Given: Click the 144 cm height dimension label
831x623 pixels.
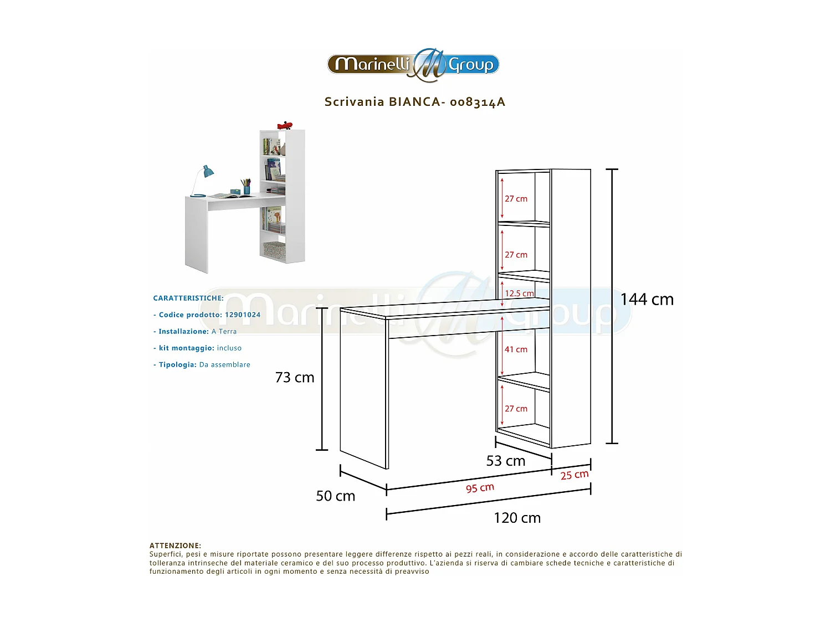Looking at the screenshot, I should click(x=647, y=300).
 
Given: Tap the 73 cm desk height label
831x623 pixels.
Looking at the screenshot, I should click(x=295, y=378).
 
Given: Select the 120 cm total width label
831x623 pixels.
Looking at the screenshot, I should click(x=517, y=518).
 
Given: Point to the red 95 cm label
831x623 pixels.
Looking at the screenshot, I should click(x=480, y=488).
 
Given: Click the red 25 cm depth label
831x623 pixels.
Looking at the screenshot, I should click(x=574, y=475).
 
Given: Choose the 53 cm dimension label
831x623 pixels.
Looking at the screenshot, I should click(x=505, y=461).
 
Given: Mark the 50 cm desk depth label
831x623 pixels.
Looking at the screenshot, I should click(x=335, y=496).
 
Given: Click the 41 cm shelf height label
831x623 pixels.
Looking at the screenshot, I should click(x=516, y=349).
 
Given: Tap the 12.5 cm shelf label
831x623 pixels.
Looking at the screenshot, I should click(x=519, y=294).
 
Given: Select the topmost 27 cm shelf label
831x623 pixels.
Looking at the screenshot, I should click(x=516, y=199).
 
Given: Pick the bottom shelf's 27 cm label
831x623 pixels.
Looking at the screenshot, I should click(x=516, y=409).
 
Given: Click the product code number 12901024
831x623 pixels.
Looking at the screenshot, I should click(x=243, y=315).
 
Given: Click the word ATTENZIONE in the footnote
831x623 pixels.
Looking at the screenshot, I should click(x=175, y=545).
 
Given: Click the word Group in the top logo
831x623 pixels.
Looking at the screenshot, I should click(x=471, y=65).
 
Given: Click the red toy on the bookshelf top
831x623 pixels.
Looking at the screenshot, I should click(x=285, y=125).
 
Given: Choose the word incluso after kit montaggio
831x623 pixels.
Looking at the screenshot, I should click(x=229, y=348).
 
